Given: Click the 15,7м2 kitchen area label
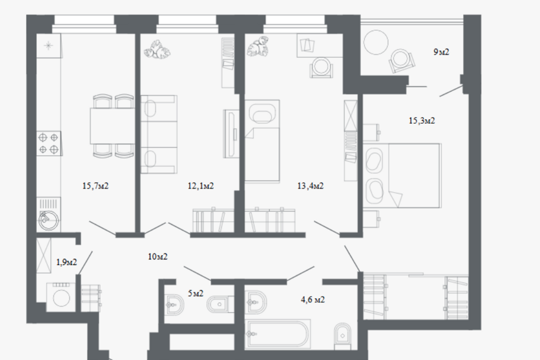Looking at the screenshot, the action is [x=96, y=186].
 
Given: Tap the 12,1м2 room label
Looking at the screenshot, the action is [x=201, y=186].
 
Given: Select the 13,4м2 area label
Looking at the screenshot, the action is [x=310, y=186].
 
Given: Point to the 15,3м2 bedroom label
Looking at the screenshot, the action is [x=422, y=120].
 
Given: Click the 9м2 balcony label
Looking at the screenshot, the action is [x=441, y=52].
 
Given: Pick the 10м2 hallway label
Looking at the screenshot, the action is [x=157, y=256].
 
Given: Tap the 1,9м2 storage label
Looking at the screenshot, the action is [x=66, y=263].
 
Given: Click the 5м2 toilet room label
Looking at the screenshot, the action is [x=196, y=293].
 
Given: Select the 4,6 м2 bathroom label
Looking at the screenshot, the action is [x=313, y=300].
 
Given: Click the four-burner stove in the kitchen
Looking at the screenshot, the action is [x=49, y=143].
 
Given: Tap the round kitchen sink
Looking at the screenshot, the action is [x=47, y=220].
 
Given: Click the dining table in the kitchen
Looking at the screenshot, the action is [x=112, y=126].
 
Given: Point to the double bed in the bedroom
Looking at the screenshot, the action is [x=402, y=175].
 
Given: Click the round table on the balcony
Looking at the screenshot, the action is [x=376, y=42].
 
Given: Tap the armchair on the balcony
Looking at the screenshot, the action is [x=402, y=61].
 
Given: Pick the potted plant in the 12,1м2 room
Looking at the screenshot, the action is [x=157, y=49].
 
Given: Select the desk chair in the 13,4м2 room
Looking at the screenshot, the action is [x=321, y=66].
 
